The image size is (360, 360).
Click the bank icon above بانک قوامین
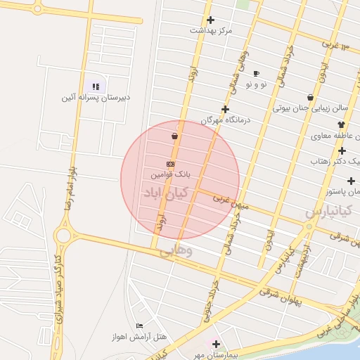coord(171,164)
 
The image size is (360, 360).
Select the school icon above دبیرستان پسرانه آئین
coord(96,87)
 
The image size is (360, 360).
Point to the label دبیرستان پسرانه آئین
coord(96,98)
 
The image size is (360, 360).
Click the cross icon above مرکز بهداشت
coord(210,20)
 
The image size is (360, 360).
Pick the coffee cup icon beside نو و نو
coord(256,73)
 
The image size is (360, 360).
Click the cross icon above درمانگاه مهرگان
coord(225,109)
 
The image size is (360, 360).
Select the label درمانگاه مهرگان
coord(226,120)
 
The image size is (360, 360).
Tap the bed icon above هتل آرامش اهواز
coord(139,326)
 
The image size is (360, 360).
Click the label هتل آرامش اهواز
coord(139,336)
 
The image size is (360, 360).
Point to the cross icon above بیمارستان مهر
coord(216,344)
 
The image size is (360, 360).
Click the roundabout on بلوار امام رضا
coord(65,235)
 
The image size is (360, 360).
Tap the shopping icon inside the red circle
coord(174,136)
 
